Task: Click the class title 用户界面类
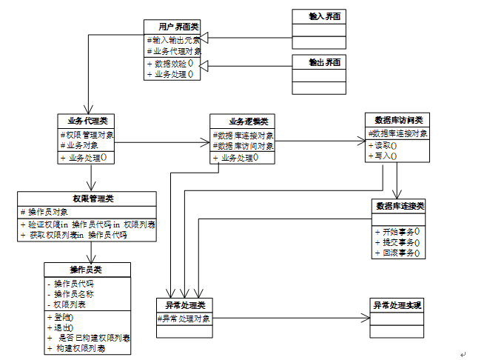172,27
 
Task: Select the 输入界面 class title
318,16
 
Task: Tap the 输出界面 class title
318,62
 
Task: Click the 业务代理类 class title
87,121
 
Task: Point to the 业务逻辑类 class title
242,121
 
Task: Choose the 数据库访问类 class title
397,119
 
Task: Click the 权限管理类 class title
87,199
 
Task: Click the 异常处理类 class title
184,305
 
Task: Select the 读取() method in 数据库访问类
384,145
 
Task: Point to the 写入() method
384,156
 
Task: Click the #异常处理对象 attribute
184,319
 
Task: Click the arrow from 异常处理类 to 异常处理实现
289,319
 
